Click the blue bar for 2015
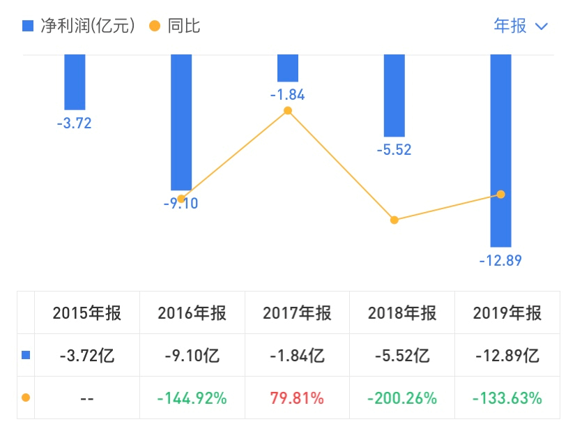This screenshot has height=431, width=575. tap(75, 82)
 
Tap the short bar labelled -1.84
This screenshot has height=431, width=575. tap(287, 68)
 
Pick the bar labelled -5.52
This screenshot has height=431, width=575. tap(394, 96)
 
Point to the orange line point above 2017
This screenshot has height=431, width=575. tap(287, 110)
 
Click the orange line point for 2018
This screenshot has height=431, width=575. tap(394, 220)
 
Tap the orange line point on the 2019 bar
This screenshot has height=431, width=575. tap(500, 194)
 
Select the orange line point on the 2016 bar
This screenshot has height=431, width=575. tap(181, 199)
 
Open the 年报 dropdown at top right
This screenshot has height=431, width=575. tap(520, 26)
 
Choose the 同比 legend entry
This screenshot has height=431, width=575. tap(176, 26)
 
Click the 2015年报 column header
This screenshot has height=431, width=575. tap(86, 313)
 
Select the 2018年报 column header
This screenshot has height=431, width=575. tap(402, 313)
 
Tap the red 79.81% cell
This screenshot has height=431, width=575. tap(296, 398)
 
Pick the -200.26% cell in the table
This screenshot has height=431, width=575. tap(402, 398)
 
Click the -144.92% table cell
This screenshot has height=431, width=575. tap(192, 398)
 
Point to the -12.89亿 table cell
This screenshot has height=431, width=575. tap(507, 356)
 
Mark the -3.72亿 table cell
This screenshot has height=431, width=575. tap(86, 356)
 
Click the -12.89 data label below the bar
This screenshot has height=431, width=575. tap(500, 261)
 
